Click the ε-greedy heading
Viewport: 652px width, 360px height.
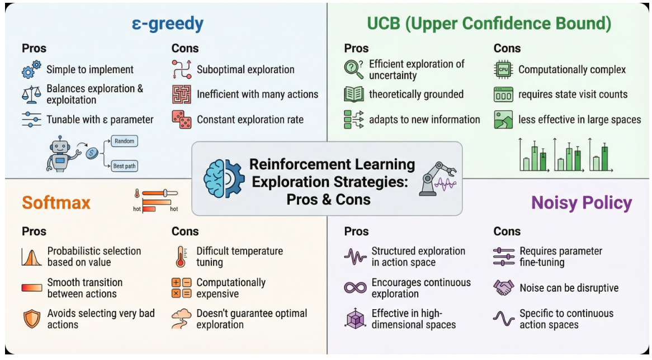pyautogui.click(x=168, y=24)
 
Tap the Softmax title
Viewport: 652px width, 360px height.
pyautogui.click(x=56, y=203)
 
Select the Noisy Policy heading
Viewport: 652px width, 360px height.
pyautogui.click(x=582, y=203)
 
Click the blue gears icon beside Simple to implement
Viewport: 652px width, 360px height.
pyautogui.click(x=31, y=69)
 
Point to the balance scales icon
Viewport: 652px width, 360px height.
pyautogui.click(x=31, y=94)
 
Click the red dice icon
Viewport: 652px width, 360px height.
pyautogui.click(x=182, y=119)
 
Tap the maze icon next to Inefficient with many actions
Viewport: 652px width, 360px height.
pyautogui.click(x=182, y=94)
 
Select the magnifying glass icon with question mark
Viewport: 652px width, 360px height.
pyautogui.click(x=353, y=69)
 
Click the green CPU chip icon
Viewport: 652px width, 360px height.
pyautogui.click(x=503, y=69)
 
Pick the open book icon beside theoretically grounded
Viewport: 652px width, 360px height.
pyautogui.click(x=354, y=94)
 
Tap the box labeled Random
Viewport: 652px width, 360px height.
pyautogui.click(x=124, y=141)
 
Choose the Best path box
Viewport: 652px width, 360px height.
pyautogui.click(x=124, y=166)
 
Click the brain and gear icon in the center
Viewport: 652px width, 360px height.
pyautogui.click(x=224, y=178)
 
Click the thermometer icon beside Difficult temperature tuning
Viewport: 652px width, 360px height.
pyautogui.click(x=181, y=257)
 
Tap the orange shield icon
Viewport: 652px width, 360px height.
pyautogui.click(x=32, y=319)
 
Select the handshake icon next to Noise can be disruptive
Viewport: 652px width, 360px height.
pyautogui.click(x=504, y=288)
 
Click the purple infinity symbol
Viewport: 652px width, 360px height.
pyautogui.click(x=355, y=288)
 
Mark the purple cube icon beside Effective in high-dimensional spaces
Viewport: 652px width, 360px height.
pyautogui.click(x=355, y=319)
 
